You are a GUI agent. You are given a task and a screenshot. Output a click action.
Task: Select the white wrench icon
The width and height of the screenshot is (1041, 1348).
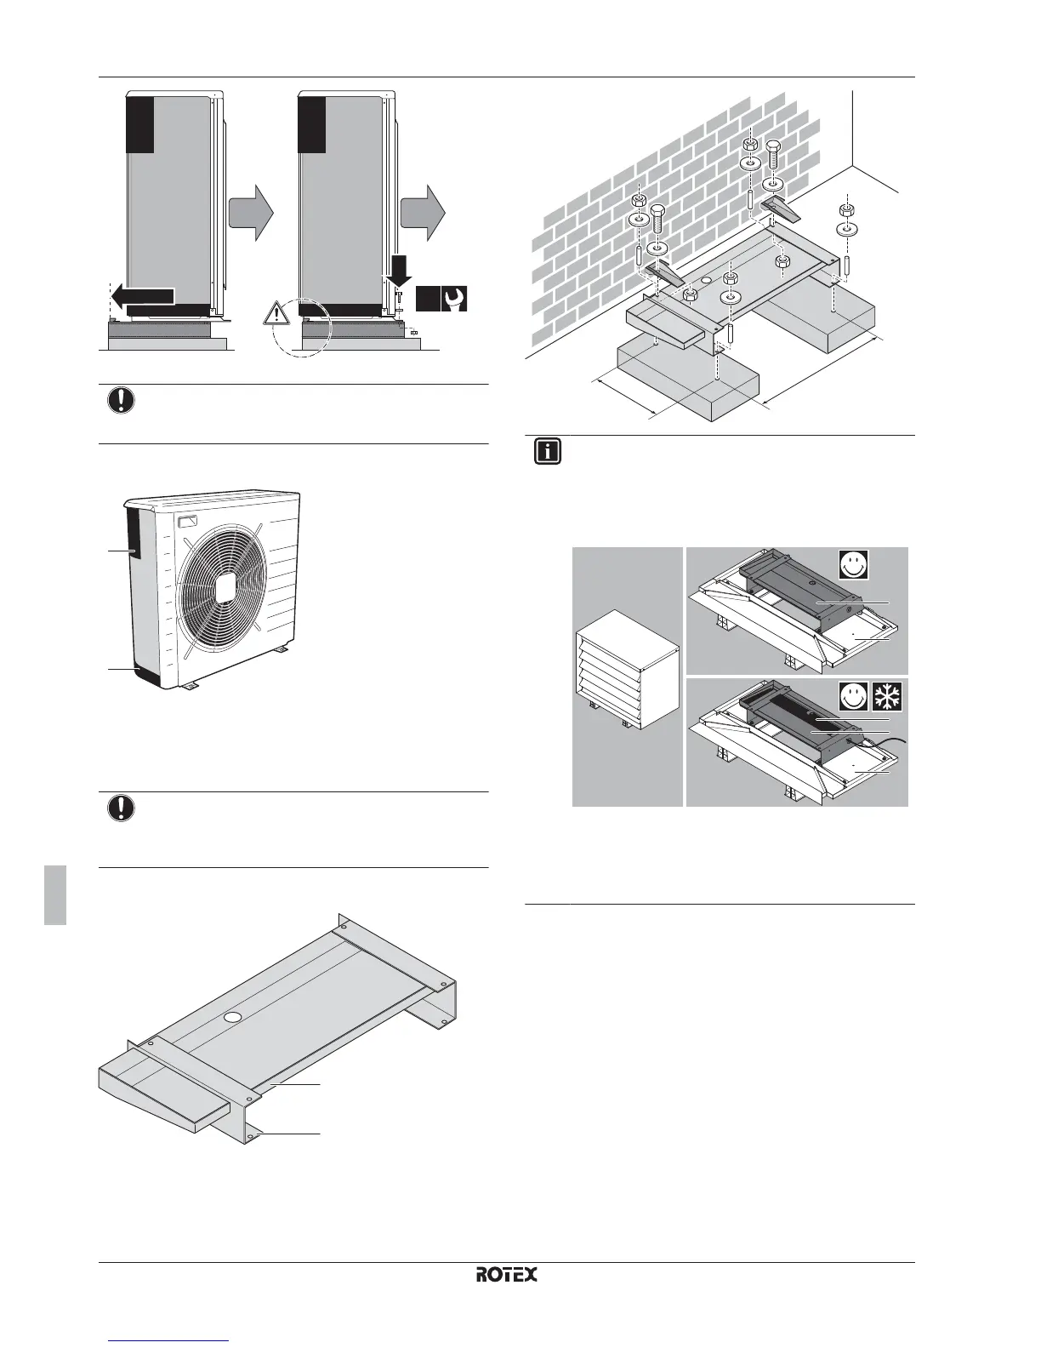pos(455,300)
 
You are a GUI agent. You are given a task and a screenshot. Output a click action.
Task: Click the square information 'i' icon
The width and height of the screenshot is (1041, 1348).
pos(549,451)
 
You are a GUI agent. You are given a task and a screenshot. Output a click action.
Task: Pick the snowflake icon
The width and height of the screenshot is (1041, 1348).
pos(888,696)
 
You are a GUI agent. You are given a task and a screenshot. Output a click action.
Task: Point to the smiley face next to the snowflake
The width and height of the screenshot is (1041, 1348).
pos(854,696)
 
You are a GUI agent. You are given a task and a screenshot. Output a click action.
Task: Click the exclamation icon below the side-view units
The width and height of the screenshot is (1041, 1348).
pos(122,400)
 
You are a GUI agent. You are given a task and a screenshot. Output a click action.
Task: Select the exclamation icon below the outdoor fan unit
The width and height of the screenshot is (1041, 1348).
pos(122,808)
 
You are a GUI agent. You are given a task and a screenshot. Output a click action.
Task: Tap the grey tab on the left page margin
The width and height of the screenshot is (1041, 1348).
pos(55,894)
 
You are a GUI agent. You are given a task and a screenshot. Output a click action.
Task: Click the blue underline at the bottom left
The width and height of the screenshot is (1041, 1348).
pos(170,1342)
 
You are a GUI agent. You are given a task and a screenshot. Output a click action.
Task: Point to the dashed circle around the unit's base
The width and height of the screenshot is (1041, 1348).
pos(302,328)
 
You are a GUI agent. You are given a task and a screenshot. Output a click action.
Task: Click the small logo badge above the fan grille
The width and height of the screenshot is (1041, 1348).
pos(188,520)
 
